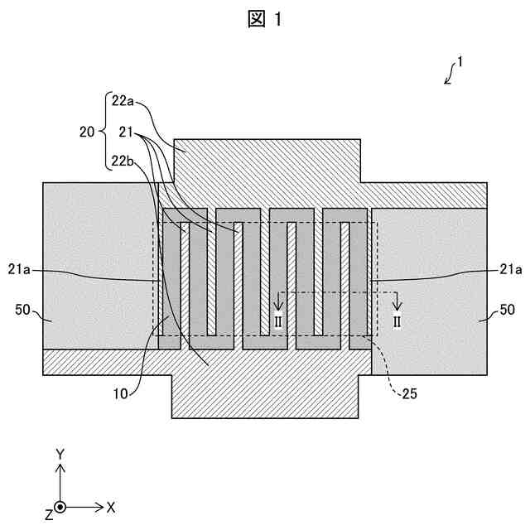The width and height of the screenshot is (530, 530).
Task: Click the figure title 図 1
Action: (x=265, y=21)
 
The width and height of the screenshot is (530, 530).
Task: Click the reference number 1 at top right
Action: (x=460, y=62)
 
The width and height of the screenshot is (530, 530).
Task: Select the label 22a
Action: (x=122, y=102)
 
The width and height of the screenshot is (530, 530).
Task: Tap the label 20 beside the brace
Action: (x=87, y=131)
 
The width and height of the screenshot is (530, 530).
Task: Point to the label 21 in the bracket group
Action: (x=127, y=131)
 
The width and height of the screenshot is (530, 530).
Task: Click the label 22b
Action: (x=122, y=161)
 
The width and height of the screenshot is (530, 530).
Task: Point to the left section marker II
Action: (x=278, y=321)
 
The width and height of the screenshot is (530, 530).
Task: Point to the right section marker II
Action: (x=397, y=321)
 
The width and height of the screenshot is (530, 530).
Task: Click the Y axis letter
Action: (x=60, y=454)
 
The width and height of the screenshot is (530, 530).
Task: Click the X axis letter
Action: (x=111, y=506)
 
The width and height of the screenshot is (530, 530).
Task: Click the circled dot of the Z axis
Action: (x=60, y=506)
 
